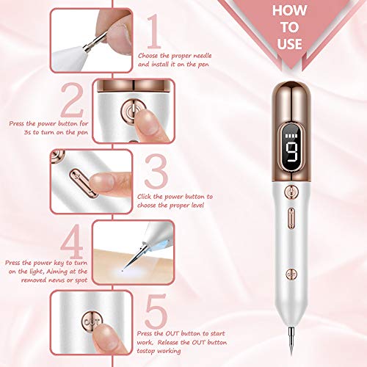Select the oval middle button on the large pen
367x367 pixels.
coord(291,219)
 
